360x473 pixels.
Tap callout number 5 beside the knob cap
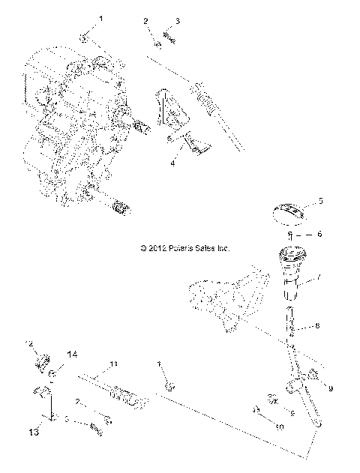[320, 200]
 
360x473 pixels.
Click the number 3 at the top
[178, 20]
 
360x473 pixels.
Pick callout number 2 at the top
[145, 20]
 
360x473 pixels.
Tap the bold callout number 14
[73, 353]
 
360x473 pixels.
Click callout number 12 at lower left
[31, 343]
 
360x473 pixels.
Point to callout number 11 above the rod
[114, 364]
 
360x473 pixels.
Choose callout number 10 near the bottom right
[280, 428]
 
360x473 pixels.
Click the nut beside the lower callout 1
[169, 387]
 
